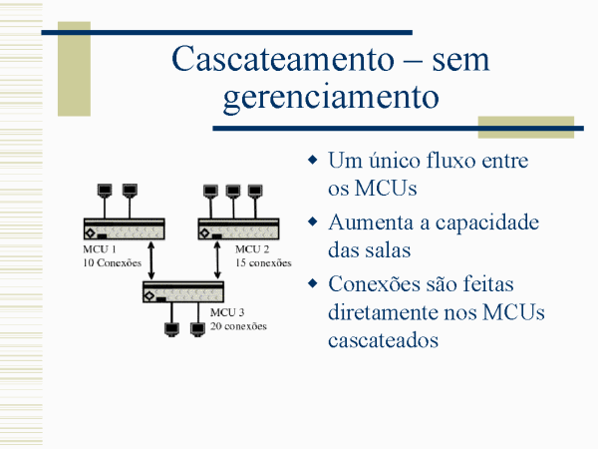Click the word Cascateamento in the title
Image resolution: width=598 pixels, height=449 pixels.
tap(283, 59)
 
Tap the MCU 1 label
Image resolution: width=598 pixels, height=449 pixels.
tap(99, 249)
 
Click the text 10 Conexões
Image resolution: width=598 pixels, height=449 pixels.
tap(112, 263)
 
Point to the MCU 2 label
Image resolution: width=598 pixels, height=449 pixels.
tap(252, 249)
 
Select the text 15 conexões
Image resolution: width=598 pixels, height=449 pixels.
tap(263, 263)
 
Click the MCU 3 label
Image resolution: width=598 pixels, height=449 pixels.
tap(227, 312)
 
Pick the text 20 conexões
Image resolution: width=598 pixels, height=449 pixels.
tap(238, 326)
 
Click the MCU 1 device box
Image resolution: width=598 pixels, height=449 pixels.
tap(125, 229)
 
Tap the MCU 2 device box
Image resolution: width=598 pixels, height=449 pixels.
tap(239, 229)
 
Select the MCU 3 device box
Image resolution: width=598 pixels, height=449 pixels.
tap(183, 292)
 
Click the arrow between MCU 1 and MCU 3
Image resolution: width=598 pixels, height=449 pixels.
tap(151, 260)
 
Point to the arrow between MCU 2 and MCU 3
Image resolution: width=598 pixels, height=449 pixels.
tap(217, 260)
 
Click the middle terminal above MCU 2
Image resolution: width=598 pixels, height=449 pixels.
tap(233, 192)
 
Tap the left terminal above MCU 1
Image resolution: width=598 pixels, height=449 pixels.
tap(105, 191)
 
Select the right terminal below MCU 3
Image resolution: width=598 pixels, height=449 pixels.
tap(197, 330)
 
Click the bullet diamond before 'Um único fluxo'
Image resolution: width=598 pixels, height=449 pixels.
tap(313, 160)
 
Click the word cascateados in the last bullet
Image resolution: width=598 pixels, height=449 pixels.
tap(383, 340)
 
